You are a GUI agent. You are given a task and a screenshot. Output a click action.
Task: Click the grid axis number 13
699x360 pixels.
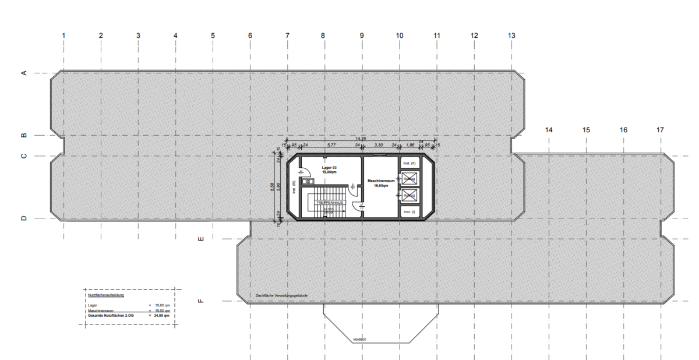click(x=511, y=36)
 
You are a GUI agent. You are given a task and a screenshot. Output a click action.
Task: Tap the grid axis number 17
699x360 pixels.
click(x=660, y=130)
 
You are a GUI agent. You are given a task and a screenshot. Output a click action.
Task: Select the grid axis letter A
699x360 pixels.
click(x=24, y=73)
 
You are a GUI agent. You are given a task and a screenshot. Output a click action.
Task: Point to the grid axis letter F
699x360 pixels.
click(x=201, y=301)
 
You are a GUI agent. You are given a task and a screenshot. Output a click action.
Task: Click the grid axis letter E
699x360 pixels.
click(x=201, y=238)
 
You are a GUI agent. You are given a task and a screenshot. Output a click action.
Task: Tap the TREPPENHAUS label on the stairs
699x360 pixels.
click(x=330, y=202)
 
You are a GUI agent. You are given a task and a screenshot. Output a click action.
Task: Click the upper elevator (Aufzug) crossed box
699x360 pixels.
click(x=409, y=178)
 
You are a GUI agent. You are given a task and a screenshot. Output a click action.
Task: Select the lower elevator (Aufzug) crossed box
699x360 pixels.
click(x=409, y=196)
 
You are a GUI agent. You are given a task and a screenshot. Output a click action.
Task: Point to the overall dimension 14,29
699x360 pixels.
click(x=361, y=138)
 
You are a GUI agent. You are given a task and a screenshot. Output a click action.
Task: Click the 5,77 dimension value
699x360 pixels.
click(x=331, y=144)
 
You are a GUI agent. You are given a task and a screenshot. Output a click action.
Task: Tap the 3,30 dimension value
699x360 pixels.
click(x=378, y=144)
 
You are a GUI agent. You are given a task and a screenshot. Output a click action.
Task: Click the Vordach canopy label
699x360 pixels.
click(x=359, y=339)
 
